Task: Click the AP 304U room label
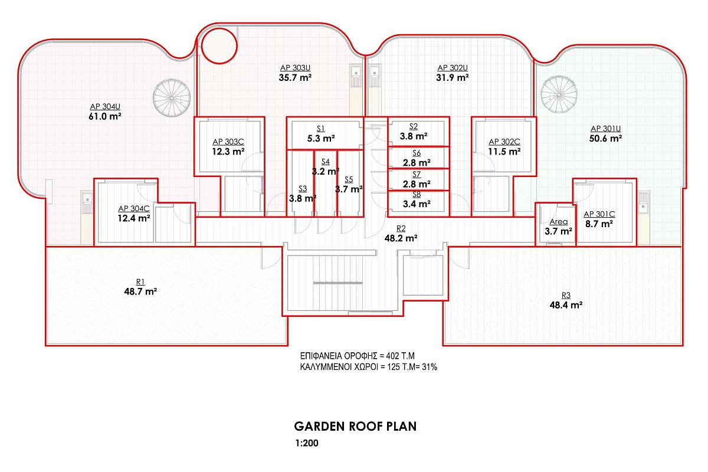click(105, 107)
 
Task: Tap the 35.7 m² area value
click(295, 78)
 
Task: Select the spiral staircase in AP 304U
click(172, 98)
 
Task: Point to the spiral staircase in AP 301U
click(559, 94)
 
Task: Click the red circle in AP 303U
click(219, 46)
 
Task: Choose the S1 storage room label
click(321, 129)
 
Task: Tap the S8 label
click(417, 195)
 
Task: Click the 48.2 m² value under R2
click(401, 238)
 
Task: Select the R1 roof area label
click(140, 281)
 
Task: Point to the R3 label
click(566, 295)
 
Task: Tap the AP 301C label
click(599, 214)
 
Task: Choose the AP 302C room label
click(504, 142)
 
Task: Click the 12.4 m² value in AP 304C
click(134, 218)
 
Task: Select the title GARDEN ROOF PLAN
click(355, 427)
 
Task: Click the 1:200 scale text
click(307, 443)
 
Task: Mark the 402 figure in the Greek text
click(392, 356)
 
